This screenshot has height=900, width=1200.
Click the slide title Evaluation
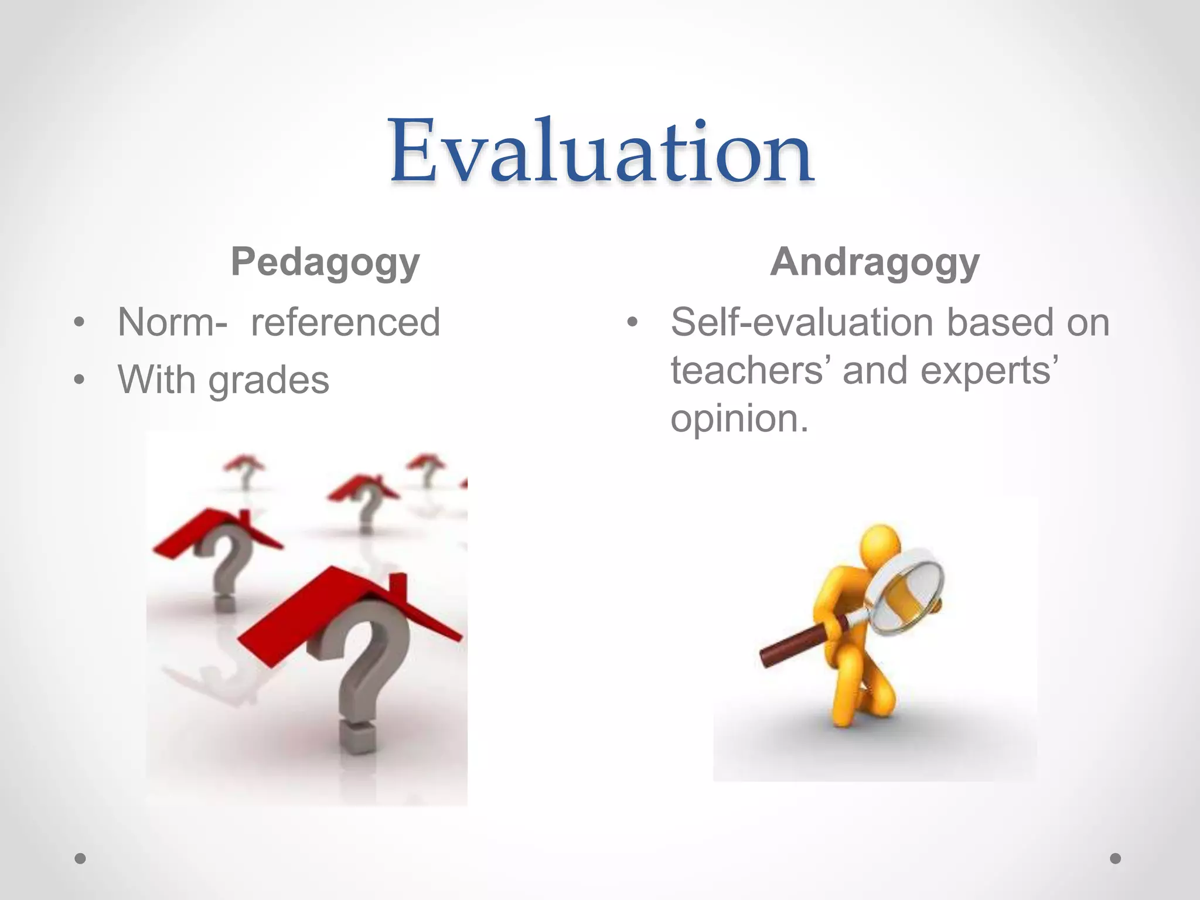601,151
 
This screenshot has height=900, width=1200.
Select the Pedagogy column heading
325,262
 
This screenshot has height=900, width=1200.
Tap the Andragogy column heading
875,262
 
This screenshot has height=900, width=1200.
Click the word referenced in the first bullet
345,322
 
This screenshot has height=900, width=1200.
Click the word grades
269,381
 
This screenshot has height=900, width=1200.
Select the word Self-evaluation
802,322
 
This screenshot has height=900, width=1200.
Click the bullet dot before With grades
80,380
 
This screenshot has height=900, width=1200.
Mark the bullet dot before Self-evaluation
632,322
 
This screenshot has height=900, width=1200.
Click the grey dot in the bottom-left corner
81,858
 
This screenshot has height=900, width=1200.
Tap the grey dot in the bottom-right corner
1116,858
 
